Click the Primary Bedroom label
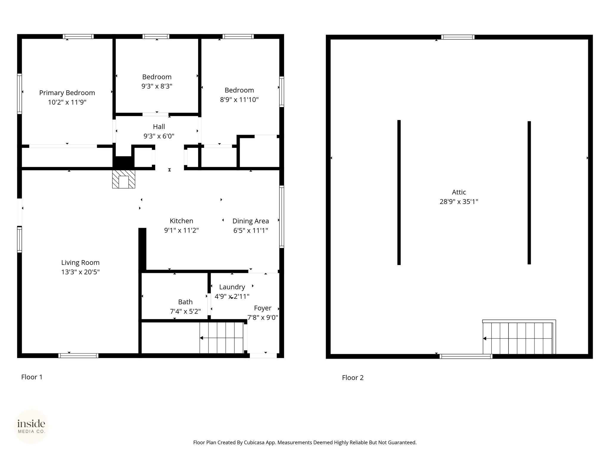67,93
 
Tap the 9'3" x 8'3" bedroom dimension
157,86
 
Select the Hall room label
159,127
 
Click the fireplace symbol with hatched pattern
124,179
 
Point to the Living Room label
80,263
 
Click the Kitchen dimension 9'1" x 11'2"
181,230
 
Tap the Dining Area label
250,221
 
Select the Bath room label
185,302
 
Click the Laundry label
232,287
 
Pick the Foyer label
263,308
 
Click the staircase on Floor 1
222,338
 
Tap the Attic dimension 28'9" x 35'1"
459,202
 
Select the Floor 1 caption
32,377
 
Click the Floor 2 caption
353,378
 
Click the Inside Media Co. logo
31,426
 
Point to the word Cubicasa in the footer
254,443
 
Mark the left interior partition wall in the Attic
399,192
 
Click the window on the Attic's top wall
458,37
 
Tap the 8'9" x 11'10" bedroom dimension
239,100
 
